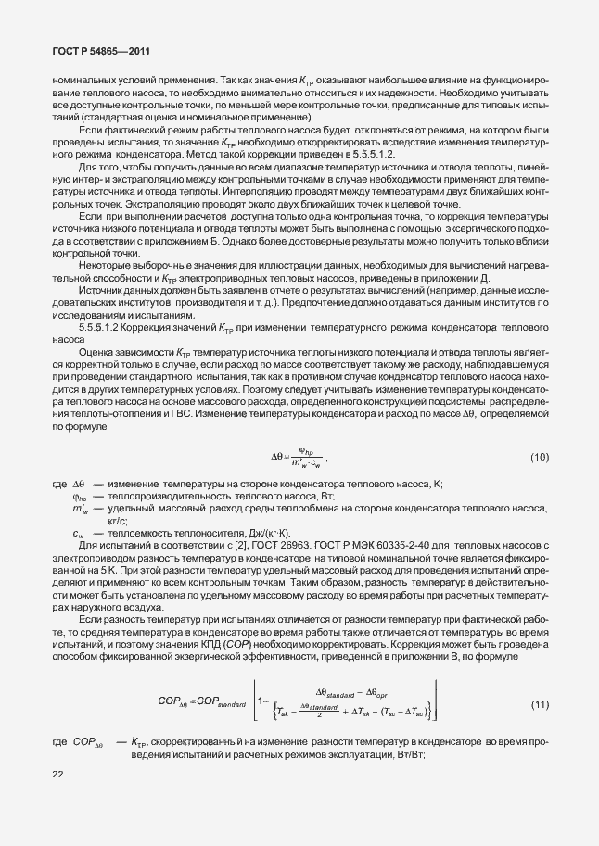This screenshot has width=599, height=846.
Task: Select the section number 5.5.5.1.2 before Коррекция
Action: pyautogui.click(x=102, y=328)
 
